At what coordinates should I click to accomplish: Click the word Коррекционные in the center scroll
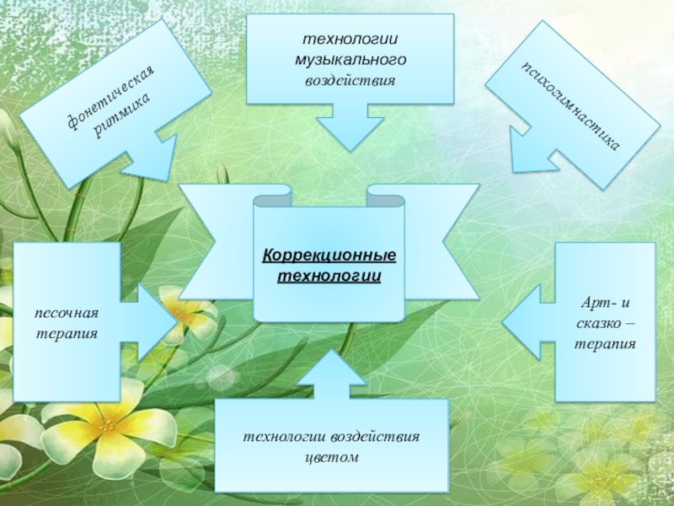click(x=328, y=256)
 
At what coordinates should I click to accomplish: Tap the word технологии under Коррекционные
click(x=329, y=275)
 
